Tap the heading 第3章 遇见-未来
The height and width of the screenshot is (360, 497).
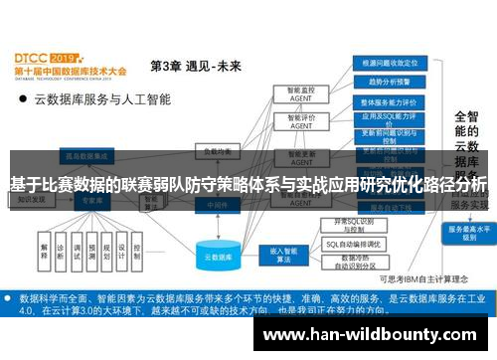pos(196,67)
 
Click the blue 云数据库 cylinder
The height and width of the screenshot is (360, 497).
pos(220,256)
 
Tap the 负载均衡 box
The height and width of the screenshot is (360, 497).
pos(216,152)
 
